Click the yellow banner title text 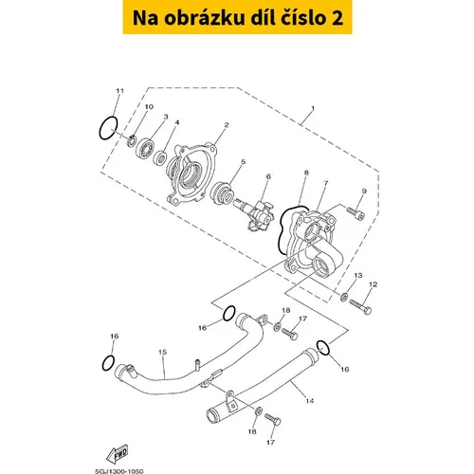click(x=238, y=18)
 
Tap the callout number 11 click(x=119, y=91)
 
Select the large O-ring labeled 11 click(x=108, y=128)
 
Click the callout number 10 click(x=149, y=107)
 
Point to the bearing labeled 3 click(x=145, y=147)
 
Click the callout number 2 click(x=226, y=125)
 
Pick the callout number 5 click(x=243, y=162)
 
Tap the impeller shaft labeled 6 click(x=253, y=213)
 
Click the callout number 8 click(x=306, y=173)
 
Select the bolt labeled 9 click(x=355, y=213)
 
